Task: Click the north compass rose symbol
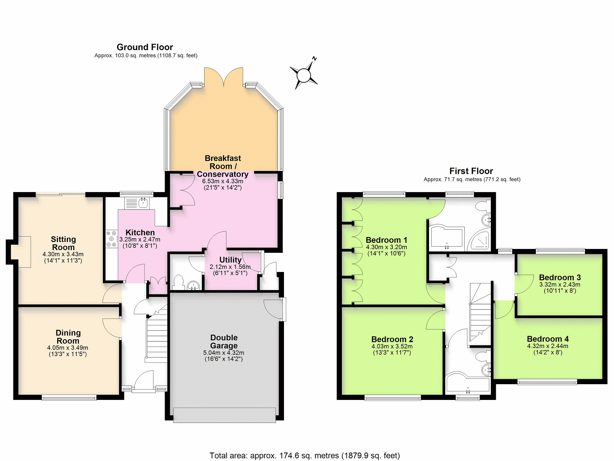(304, 75)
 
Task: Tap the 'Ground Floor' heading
(145, 47)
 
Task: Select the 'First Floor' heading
(471, 171)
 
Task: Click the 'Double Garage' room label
(224, 342)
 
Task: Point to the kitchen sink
(137, 203)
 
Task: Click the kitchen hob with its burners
(112, 239)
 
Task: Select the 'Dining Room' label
(68, 337)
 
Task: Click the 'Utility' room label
(230, 260)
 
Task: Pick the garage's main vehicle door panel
(224, 415)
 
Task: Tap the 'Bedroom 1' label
(386, 240)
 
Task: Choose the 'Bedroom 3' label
(560, 277)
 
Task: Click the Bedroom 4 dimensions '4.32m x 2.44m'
(548, 346)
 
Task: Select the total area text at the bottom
(305, 456)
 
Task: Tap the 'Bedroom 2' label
(392, 339)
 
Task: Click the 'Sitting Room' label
(63, 243)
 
